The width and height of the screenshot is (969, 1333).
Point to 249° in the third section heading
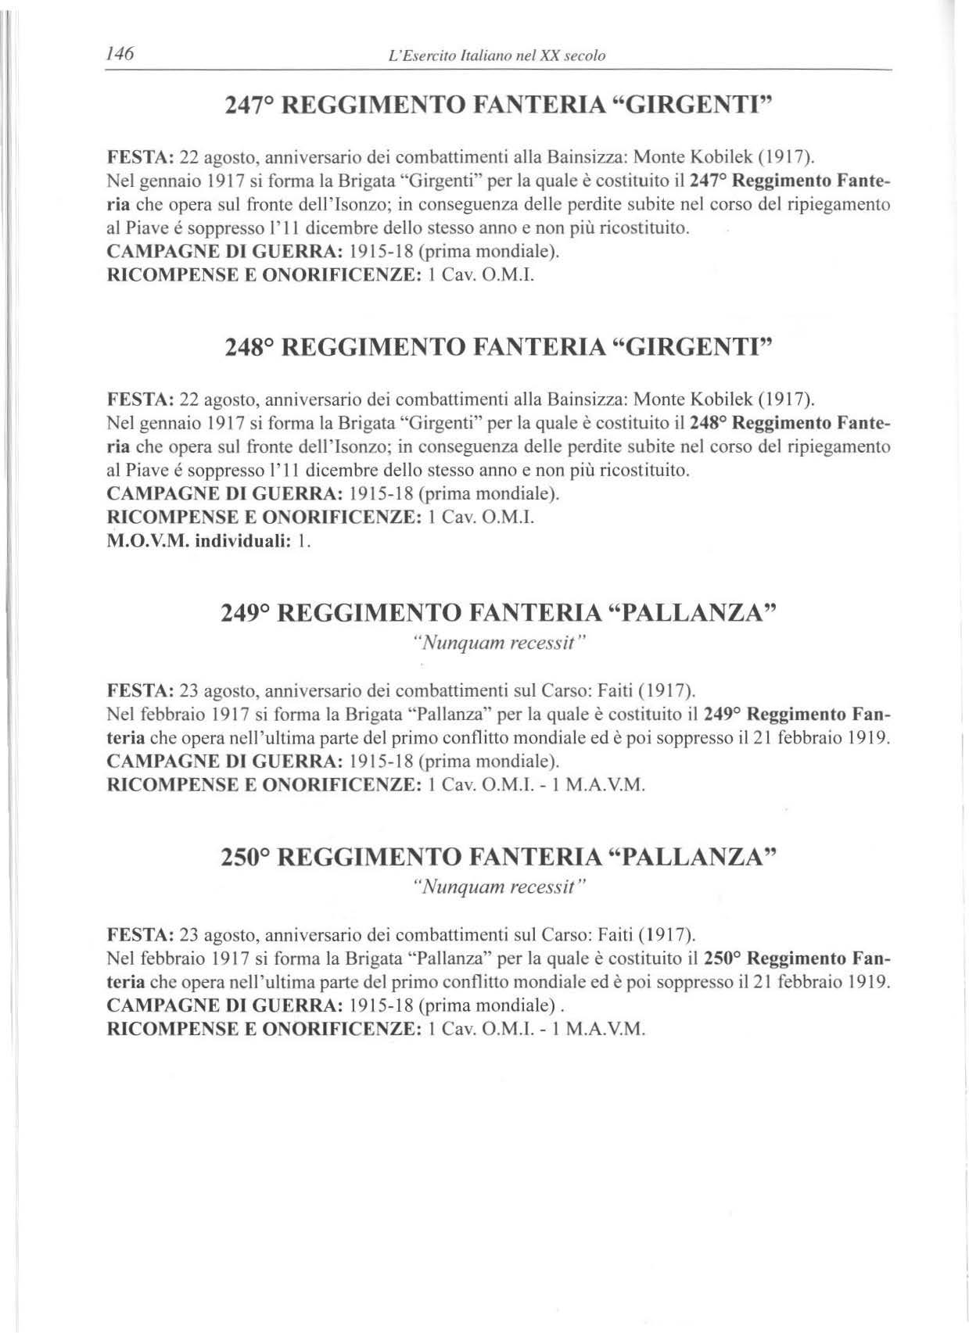click(246, 612)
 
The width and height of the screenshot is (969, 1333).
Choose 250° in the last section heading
click(246, 857)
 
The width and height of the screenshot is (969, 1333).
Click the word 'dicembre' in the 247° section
click(336, 229)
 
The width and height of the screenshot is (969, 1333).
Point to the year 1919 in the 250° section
click(870, 982)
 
